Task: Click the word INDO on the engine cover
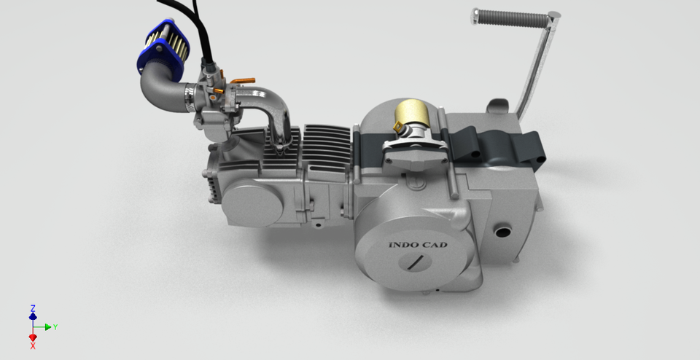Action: coord(403,246)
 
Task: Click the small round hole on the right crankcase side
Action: coord(502,232)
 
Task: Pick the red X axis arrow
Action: coord(32,339)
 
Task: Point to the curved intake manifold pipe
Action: coord(273,106)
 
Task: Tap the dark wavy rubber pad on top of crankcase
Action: coord(503,146)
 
